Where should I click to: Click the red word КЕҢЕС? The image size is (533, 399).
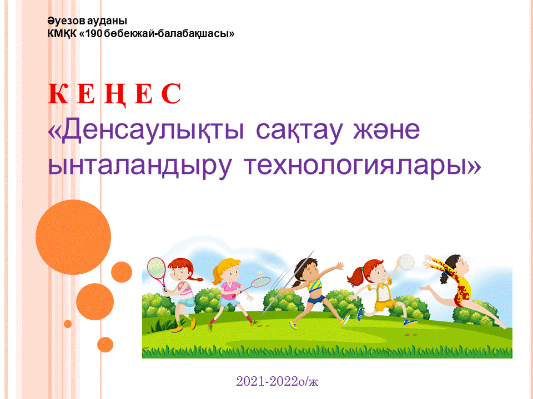pyautogui.click(x=114, y=94)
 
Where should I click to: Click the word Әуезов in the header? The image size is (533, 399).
pyautogui.click(x=66, y=21)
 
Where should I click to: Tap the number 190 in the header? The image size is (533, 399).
pyautogui.click(x=93, y=34)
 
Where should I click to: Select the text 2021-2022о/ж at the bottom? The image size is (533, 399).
pyautogui.click(x=277, y=381)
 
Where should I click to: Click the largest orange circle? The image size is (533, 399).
pyautogui.click(x=73, y=237)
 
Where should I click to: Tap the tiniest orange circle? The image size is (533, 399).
pyautogui.click(x=68, y=324)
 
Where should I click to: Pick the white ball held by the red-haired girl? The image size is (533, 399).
pyautogui.click(x=406, y=263)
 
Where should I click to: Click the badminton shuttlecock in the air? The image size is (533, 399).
pyautogui.click(x=260, y=272)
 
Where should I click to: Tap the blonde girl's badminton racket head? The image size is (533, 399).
pyautogui.click(x=260, y=282)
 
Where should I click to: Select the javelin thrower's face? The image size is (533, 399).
pyautogui.click(x=311, y=269)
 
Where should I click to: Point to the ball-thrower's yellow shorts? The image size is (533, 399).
pyautogui.click(x=386, y=305)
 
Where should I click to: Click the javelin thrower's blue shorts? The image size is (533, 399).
pyautogui.click(x=316, y=300)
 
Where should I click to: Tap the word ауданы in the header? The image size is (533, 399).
pyautogui.click(x=107, y=21)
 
